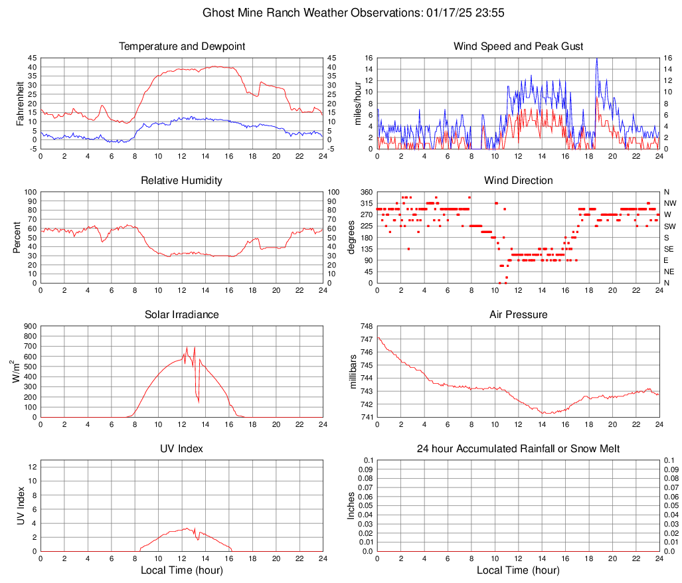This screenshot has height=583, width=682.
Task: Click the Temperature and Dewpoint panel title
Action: coord(181,46)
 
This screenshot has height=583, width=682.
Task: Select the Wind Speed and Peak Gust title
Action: coord(518,46)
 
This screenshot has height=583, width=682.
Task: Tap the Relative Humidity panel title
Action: coord(181,181)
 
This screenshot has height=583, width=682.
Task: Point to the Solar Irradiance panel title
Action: coord(181,315)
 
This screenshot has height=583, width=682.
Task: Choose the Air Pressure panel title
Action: coord(518,315)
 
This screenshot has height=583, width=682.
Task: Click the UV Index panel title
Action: coord(181,449)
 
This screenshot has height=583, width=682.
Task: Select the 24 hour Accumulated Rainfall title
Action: coord(518,449)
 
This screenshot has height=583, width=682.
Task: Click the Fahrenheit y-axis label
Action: coord(19,103)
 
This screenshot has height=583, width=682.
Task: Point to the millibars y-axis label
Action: coord(353,372)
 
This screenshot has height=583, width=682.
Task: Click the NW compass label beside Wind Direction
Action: coord(669,203)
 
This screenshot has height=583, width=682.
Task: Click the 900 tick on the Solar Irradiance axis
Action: coord(30,326)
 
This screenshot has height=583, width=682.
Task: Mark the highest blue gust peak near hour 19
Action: coord(597,58)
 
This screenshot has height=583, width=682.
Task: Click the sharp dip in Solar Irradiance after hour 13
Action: coord(199,401)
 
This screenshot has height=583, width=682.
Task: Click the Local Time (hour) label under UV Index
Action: coord(181,570)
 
